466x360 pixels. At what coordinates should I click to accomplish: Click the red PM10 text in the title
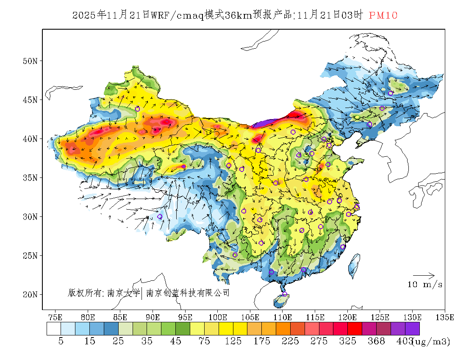(383, 16)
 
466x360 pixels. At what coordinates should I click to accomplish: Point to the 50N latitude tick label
(30, 61)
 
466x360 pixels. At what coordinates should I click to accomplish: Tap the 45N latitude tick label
(30, 100)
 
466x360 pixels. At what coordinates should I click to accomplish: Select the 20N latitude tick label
(30, 294)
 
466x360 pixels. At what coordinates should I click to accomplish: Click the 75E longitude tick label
(55, 317)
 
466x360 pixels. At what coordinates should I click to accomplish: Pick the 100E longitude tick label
(217, 317)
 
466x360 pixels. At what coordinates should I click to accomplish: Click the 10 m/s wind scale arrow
(424, 275)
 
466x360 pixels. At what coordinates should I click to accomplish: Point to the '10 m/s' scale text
(425, 285)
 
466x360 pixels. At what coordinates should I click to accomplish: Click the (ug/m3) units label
(431, 341)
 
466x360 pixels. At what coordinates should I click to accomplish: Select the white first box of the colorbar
(54, 329)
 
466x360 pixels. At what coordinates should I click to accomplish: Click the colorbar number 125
(233, 341)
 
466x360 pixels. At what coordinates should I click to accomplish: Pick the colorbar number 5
(61, 341)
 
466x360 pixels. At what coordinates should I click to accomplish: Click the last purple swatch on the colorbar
(412, 329)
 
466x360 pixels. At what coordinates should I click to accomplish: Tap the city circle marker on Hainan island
(285, 294)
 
